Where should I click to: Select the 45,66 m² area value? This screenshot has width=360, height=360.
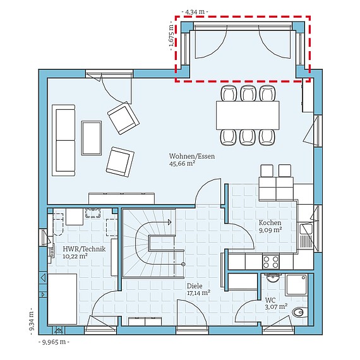point(181,164)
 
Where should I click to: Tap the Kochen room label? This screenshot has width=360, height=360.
point(270,223)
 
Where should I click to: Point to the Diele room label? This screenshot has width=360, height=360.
point(195,285)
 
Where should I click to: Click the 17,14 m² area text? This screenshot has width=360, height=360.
point(198,292)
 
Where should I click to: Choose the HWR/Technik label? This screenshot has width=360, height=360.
point(83,249)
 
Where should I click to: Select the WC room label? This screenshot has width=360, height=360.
point(271,300)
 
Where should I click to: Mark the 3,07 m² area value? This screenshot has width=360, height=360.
point(277,308)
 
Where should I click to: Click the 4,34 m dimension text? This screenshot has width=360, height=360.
point(195,11)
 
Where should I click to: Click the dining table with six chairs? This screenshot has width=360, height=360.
point(248,115)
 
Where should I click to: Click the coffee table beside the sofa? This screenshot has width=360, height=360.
point(92,137)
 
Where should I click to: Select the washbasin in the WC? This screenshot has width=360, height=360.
point(272,279)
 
